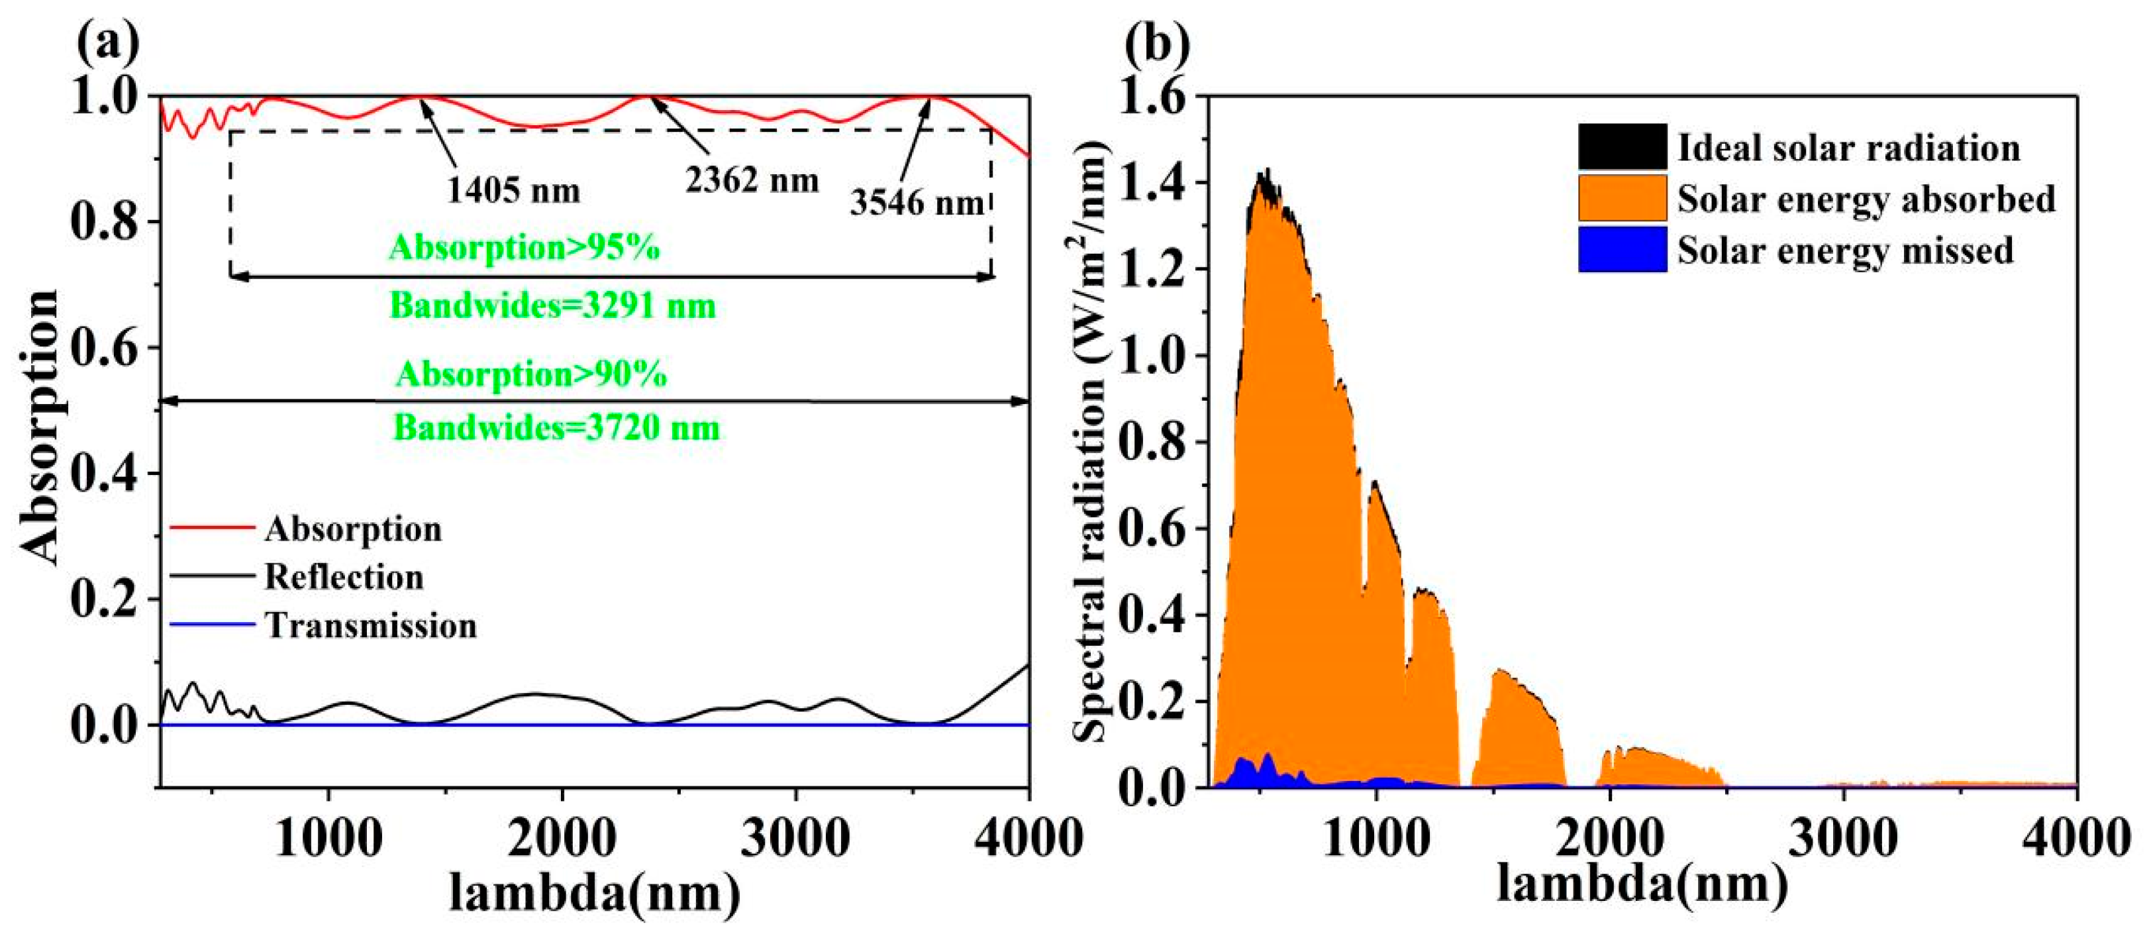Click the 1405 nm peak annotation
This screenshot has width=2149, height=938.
513,191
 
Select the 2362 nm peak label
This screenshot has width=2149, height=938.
752,180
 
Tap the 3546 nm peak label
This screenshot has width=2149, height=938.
917,202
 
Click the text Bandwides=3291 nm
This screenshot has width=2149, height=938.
553,306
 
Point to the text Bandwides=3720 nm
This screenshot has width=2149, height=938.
556,428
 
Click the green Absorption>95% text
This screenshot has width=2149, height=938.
524,248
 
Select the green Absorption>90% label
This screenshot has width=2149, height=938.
531,375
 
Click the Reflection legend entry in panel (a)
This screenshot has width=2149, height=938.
344,578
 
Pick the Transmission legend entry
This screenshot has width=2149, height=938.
370,626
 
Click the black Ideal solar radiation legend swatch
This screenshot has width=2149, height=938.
1621,148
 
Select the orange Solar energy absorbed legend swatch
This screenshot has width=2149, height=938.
1621,199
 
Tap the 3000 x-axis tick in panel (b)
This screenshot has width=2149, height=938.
1842,837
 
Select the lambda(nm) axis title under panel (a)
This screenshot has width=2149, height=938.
594,893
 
